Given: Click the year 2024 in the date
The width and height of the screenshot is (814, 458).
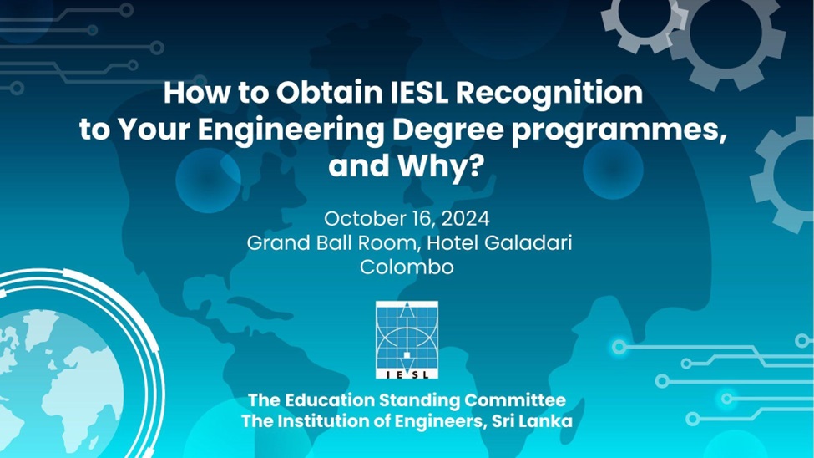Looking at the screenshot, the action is tap(465, 219).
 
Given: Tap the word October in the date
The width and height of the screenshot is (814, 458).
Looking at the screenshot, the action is tap(357, 219).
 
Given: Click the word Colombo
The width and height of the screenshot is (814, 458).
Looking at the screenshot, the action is tap(407, 267).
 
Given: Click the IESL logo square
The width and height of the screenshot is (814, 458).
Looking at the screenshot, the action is tap(407, 340).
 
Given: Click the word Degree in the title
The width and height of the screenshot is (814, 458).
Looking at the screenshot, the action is tap(447, 132).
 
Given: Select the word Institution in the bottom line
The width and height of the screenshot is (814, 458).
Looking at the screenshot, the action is tap(324, 420).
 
